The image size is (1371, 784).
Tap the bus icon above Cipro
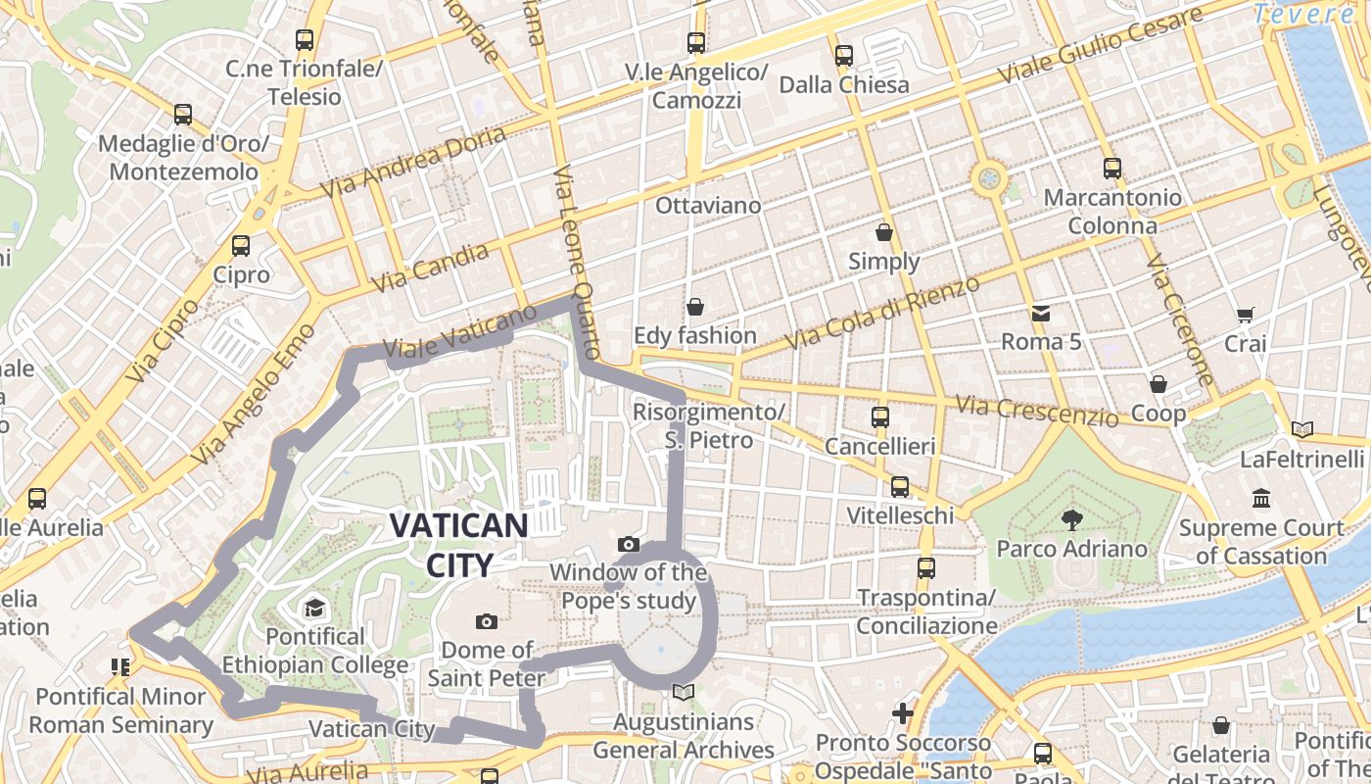pos(241,246)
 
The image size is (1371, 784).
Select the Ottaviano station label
pos(708,206)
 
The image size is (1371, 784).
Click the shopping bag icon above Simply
pos(884,233)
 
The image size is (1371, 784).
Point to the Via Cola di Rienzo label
pos(882,312)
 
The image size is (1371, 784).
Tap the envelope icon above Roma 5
pos(1039,314)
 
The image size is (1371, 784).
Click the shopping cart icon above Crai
pos(1245,315)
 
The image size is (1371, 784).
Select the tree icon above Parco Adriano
pos(1071,520)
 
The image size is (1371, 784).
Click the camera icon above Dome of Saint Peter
pos(486,621)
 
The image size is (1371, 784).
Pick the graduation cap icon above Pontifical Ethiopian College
pos(314,609)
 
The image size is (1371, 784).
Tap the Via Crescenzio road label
pos(1037,411)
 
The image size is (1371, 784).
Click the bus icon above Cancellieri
pos(879,417)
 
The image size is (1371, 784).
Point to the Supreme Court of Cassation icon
pos(1261,499)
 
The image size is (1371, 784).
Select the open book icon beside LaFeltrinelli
pos(1301,429)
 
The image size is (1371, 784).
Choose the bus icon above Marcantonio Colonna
pos(1111,169)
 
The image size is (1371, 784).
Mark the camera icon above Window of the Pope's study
pos(629,544)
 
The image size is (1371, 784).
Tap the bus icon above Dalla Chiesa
pos(843,56)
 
